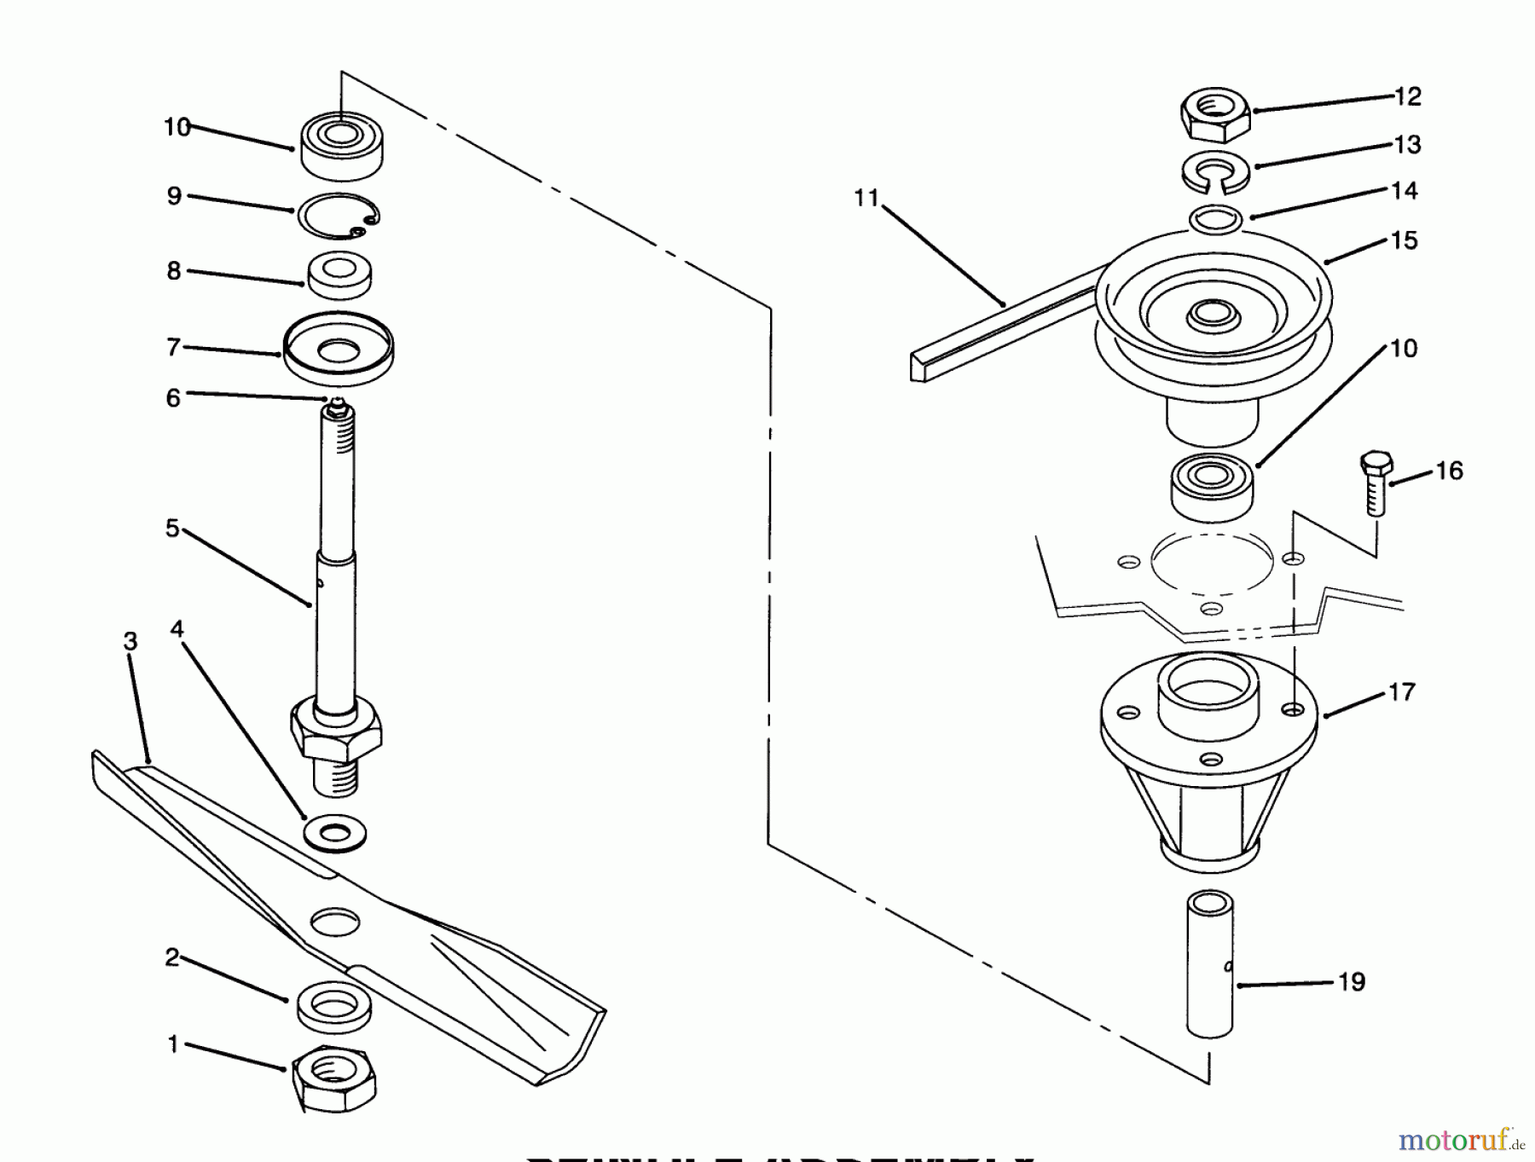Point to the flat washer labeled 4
(334, 831)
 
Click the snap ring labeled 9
(339, 219)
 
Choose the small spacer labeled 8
(339, 275)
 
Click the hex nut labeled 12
(1215, 113)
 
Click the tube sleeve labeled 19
(1209, 963)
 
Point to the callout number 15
(1403, 241)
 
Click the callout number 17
(1401, 692)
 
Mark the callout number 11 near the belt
(866, 199)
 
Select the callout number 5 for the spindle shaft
(172, 529)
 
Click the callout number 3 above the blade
(130, 641)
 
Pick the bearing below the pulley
(1212, 488)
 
